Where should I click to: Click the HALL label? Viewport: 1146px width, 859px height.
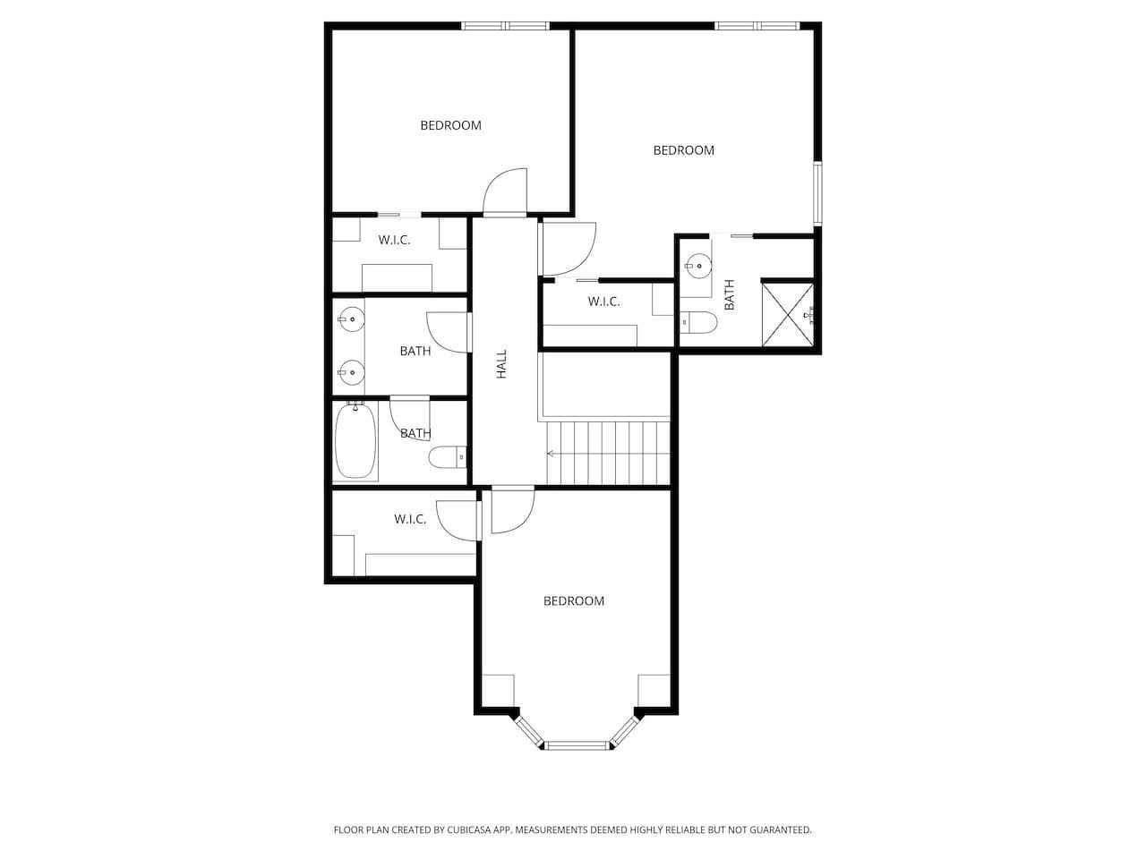coord(501,364)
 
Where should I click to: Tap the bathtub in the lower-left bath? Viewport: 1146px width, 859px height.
coord(355,441)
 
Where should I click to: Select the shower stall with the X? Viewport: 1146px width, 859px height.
coord(788,315)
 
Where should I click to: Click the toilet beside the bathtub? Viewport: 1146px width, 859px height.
coord(448,457)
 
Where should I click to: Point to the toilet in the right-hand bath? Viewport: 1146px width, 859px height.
coord(698,322)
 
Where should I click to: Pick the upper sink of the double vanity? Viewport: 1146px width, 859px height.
coord(351,319)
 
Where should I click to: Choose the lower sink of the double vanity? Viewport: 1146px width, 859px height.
coord(351,372)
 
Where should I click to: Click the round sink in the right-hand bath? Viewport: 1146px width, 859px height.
coord(698,266)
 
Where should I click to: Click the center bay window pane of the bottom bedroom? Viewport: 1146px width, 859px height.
coord(577,745)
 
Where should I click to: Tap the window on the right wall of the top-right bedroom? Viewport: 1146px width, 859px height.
coord(817,194)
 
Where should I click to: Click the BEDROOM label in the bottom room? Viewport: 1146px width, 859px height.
coord(574,600)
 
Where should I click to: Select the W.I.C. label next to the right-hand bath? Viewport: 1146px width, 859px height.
coord(603,302)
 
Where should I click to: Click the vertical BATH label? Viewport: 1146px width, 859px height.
coord(730,294)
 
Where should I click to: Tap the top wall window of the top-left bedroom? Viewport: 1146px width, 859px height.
coord(505,26)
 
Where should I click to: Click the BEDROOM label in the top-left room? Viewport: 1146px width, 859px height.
coord(450,125)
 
